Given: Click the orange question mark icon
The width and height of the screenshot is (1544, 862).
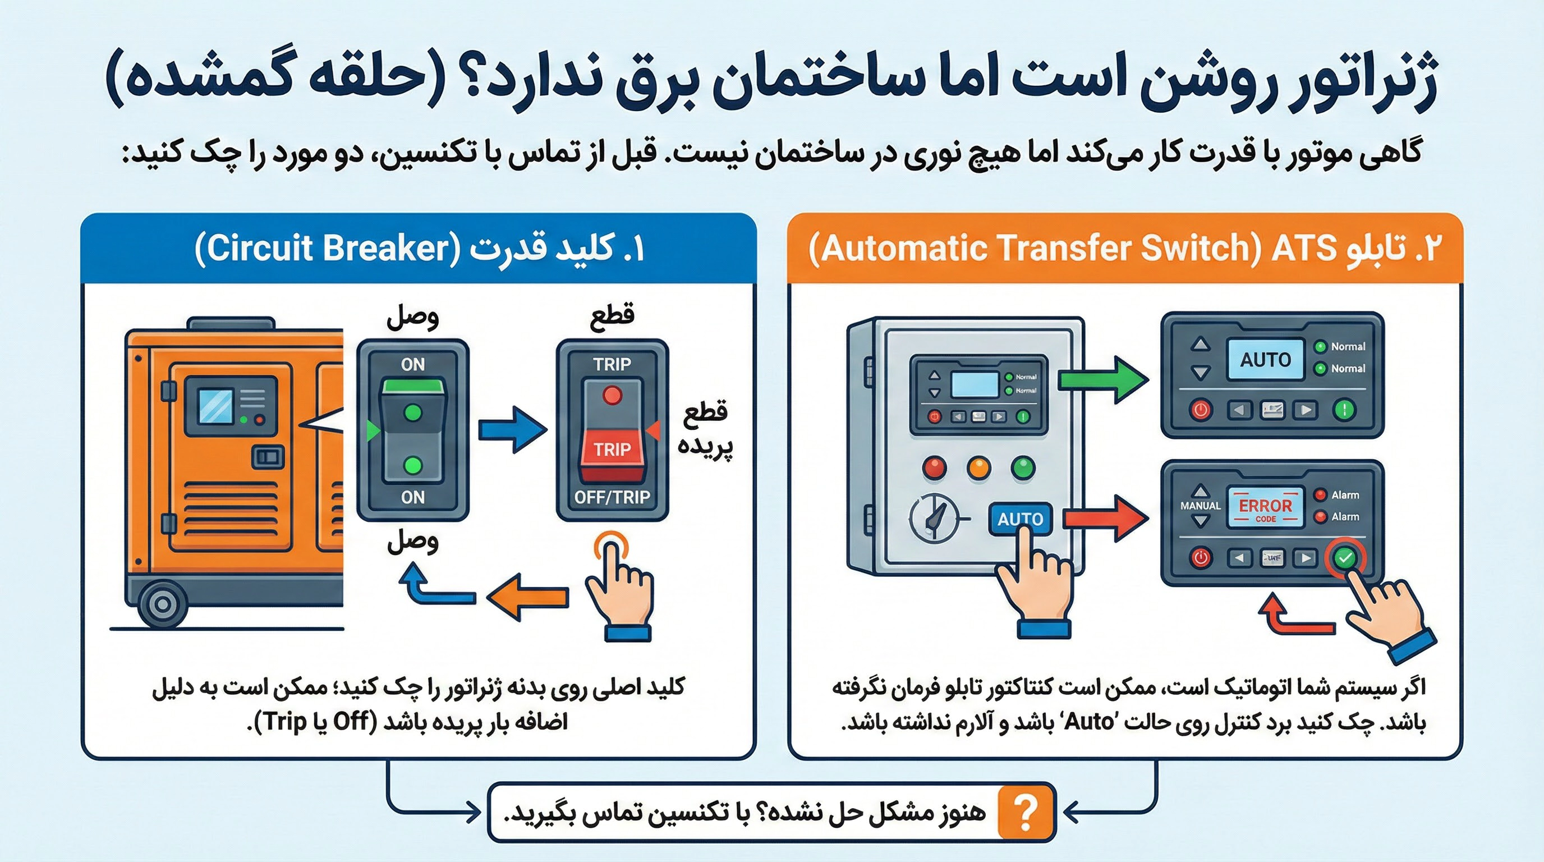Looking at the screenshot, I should (x=1026, y=813).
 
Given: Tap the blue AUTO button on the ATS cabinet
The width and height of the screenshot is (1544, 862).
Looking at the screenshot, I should (x=1020, y=519).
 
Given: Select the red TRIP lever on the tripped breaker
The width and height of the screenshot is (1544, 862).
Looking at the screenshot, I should (x=612, y=450).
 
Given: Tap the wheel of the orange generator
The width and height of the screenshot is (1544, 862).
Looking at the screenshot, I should (x=162, y=604).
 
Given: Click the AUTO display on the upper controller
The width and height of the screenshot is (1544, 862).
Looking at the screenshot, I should (x=1265, y=360).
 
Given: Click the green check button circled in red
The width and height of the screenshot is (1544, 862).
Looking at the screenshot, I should (x=1345, y=558).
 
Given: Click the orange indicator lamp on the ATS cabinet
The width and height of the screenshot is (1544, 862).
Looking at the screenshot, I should (x=979, y=467).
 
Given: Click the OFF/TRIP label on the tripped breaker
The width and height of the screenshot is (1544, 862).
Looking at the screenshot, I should (x=612, y=497).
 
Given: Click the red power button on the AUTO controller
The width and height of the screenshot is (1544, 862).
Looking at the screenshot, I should (x=1200, y=410).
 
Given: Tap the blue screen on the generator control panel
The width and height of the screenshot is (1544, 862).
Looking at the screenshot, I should (x=216, y=405).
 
